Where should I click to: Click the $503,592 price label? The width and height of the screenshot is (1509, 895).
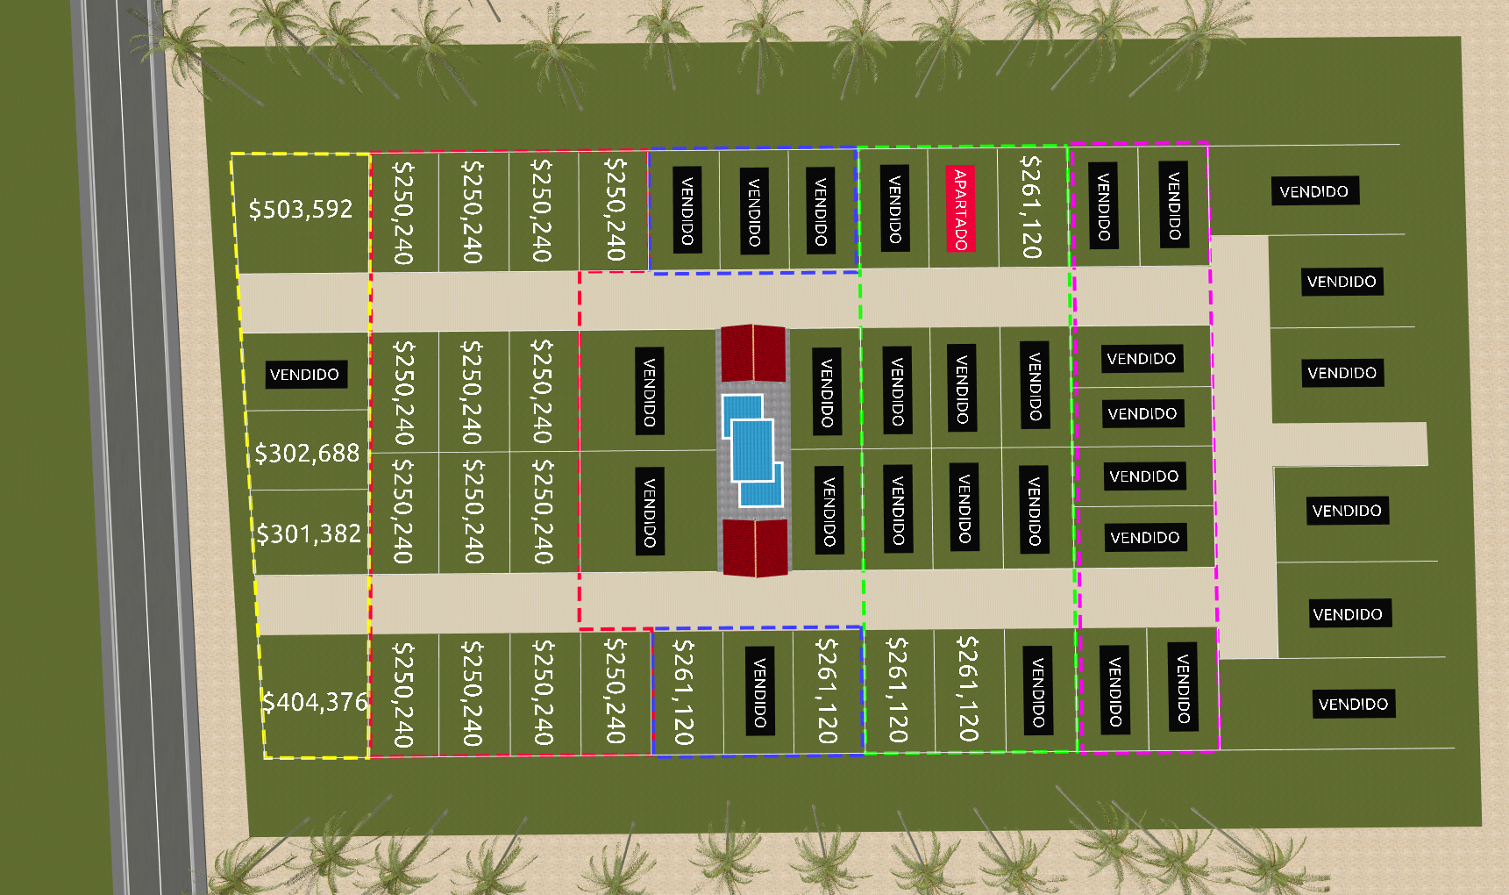[301, 209]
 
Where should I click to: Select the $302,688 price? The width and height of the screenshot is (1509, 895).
[307, 453]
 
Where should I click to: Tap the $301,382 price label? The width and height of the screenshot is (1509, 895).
[309, 533]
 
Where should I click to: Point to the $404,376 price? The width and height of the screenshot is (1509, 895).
[315, 702]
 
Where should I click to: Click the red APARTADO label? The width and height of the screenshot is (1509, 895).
[961, 209]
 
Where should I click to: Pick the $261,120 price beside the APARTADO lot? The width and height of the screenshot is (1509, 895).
[1031, 207]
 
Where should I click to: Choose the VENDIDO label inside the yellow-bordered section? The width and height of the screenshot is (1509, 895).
[304, 375]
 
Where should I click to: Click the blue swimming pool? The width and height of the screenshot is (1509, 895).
[751, 450]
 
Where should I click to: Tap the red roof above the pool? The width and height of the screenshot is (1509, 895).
[752, 353]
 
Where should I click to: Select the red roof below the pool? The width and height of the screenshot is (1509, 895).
[754, 548]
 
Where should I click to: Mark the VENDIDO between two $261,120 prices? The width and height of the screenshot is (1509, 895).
[760, 691]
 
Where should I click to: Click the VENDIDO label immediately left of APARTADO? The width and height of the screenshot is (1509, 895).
[894, 209]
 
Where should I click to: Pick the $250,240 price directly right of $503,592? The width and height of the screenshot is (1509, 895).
[402, 211]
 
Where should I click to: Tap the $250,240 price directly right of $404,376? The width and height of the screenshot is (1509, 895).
[402, 694]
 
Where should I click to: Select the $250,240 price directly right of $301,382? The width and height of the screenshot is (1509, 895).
[402, 511]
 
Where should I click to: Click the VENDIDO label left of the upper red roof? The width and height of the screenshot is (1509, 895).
[650, 390]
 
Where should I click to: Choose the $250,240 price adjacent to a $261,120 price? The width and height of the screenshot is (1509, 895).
[615, 691]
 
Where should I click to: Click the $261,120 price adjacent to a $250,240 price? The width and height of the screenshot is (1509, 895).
[683, 691]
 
